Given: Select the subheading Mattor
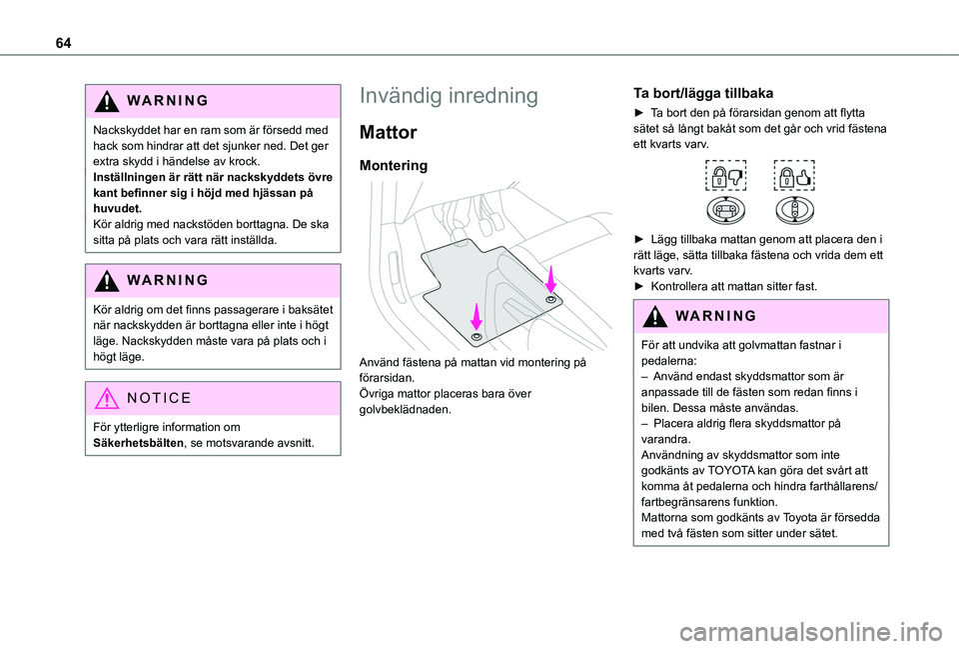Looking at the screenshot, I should click(395, 132).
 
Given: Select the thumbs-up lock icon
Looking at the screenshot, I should click(793, 176).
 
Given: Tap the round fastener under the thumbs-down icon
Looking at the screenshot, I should click(722, 209).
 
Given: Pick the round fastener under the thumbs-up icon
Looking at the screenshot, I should click(793, 209).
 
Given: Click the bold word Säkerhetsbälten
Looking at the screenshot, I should click(130, 443).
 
